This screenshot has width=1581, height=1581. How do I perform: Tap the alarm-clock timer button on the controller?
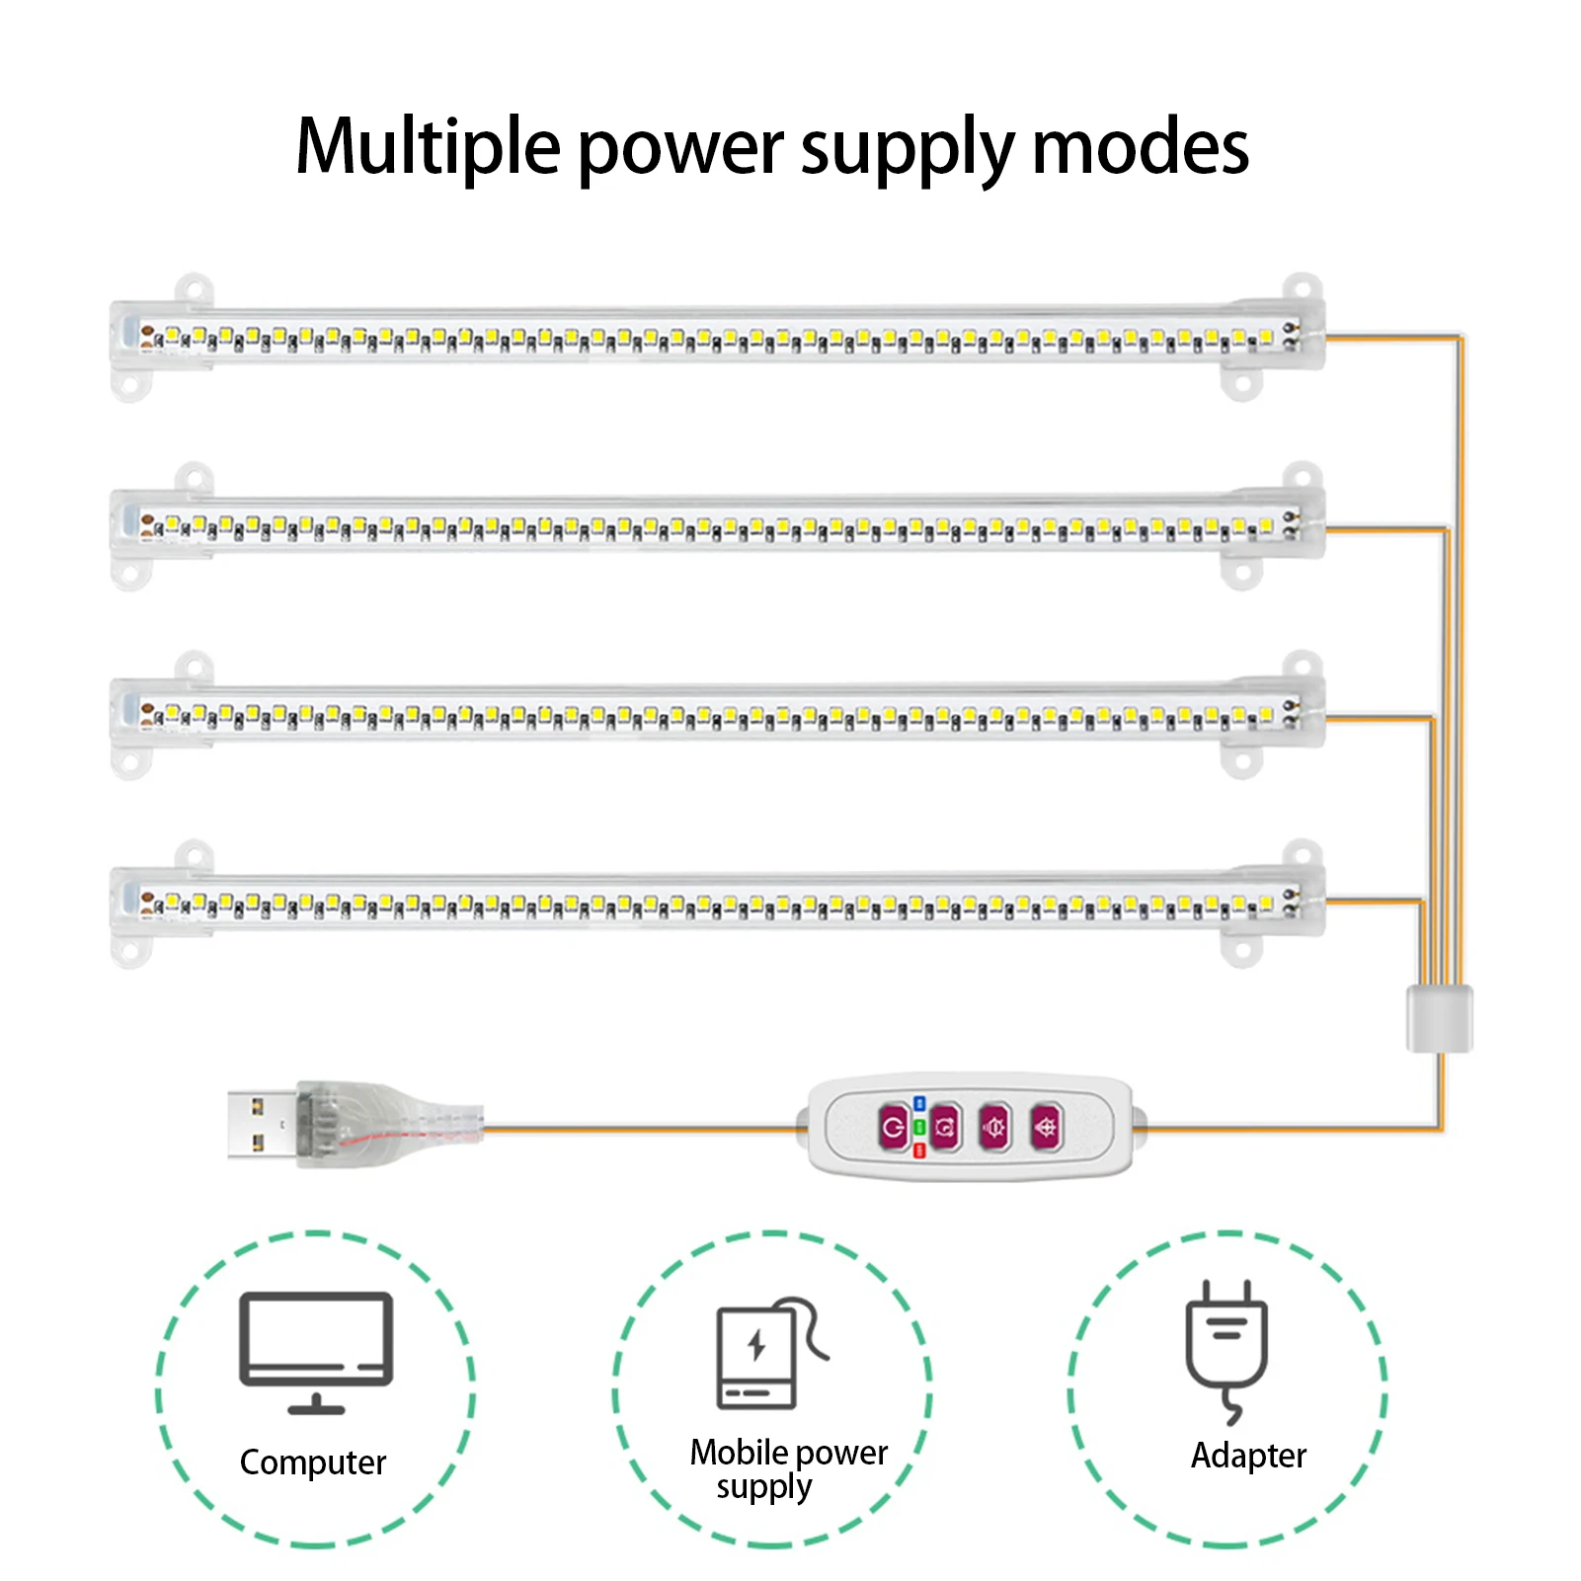[x=945, y=1127]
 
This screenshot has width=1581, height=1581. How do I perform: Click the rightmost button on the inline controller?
[x=1046, y=1127]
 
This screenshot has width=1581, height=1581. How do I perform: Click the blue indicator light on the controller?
[x=919, y=1103]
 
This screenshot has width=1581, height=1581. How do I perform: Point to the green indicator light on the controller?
[x=919, y=1127]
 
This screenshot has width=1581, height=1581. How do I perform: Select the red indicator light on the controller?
[x=919, y=1150]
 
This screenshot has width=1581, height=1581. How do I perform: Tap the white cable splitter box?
[x=1439, y=1018]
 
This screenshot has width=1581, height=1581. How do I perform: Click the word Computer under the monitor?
[x=313, y=1462]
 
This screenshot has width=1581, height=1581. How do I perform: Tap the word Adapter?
[x=1248, y=1456]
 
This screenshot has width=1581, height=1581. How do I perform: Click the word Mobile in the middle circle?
[x=739, y=1453]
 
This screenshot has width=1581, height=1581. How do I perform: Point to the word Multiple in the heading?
[x=428, y=148]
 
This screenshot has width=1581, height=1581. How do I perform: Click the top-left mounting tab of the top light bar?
[x=195, y=289]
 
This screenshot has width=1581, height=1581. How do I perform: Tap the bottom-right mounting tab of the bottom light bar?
[x=1241, y=951]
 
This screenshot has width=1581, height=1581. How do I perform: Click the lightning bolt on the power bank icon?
[x=756, y=1345]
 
